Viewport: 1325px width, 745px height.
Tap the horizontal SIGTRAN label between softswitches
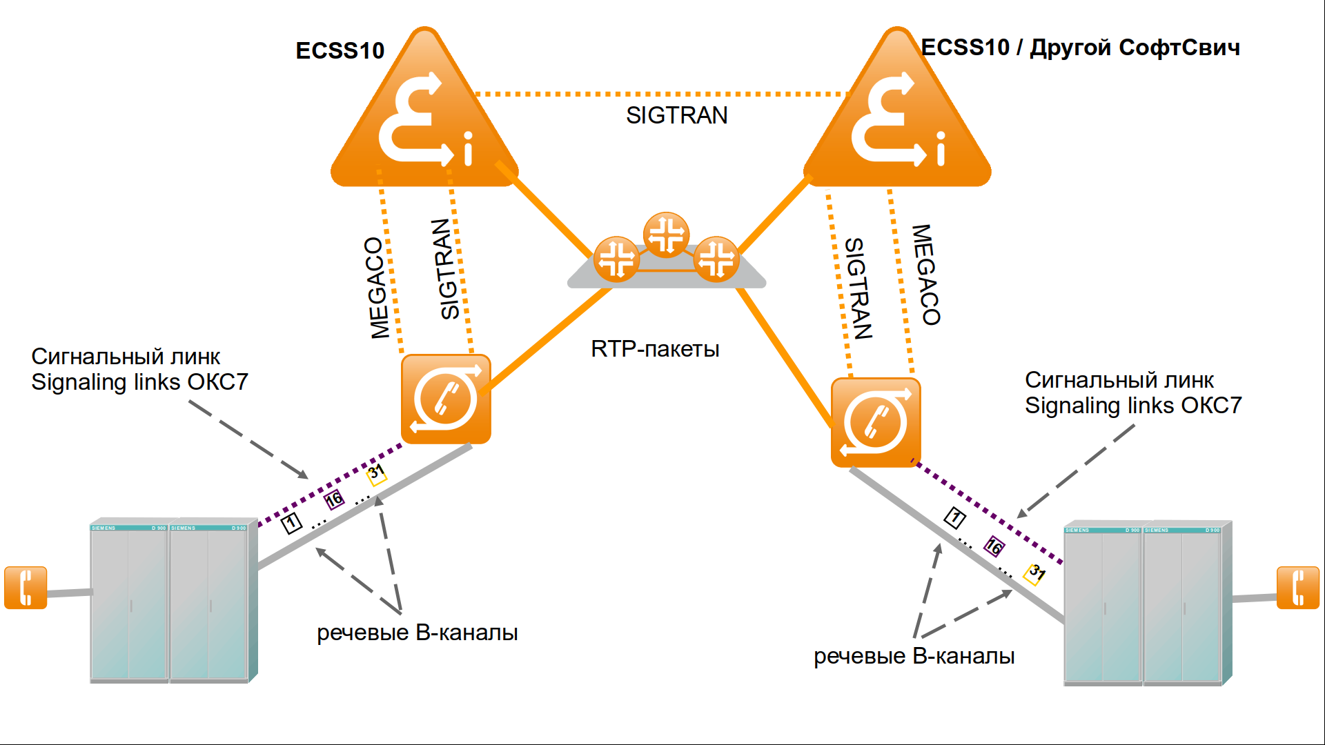[676, 115]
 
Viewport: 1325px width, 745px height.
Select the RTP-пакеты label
[655, 349]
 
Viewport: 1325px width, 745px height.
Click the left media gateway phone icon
[446, 399]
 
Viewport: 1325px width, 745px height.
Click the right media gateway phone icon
[876, 422]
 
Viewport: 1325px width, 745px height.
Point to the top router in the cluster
[666, 234]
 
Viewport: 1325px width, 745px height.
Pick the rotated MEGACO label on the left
[377, 288]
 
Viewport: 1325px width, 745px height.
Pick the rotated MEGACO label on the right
[927, 275]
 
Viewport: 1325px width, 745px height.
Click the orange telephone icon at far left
[26, 588]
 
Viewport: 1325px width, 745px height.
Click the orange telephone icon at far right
[1298, 588]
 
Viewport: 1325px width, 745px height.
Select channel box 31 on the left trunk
[375, 473]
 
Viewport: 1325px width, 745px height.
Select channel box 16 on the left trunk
[334, 499]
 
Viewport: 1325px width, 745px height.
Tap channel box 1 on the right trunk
[955, 517]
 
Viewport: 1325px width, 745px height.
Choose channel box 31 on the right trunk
[1035, 573]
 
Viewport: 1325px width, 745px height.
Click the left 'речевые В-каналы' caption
[417, 633]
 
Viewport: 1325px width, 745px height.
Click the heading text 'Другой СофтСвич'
[1135, 48]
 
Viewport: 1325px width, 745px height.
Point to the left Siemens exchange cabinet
[170, 600]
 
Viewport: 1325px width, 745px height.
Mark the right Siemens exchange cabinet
[1146, 604]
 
